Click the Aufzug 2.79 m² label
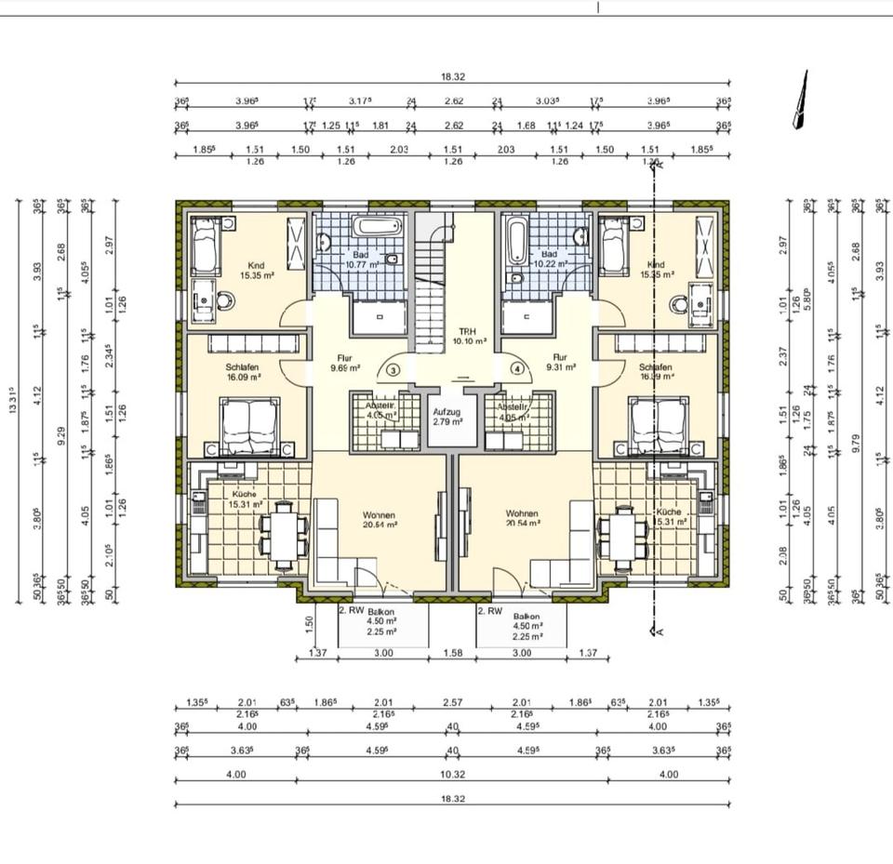click(446, 416)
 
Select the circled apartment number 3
click(393, 369)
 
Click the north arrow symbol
click(799, 100)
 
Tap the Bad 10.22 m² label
click(549, 259)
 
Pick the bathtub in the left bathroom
click(379, 226)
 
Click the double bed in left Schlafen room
click(248, 426)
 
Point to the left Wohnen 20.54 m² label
click(380, 519)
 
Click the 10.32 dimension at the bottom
click(452, 774)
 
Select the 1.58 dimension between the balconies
click(453, 654)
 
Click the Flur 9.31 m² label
click(560, 362)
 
